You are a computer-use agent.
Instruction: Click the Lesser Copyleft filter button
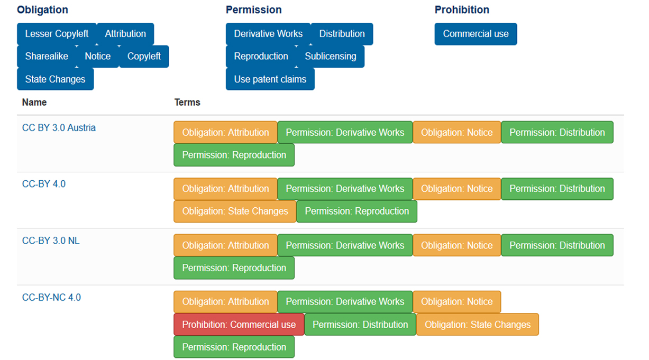57,34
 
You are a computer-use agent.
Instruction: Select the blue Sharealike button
47,56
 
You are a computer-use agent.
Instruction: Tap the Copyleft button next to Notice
144,56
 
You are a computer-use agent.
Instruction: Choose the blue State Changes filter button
56,79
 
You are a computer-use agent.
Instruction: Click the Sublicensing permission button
330,56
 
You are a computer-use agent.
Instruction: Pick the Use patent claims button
270,79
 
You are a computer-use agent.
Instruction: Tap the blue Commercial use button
476,34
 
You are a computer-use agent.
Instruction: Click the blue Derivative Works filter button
268,34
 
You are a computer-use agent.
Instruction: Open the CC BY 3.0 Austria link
59,128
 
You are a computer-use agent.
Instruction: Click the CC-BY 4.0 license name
44,184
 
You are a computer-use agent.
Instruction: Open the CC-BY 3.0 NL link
51,241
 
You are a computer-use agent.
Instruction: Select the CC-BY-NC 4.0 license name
52,298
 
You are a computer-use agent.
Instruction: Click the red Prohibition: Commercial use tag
239,325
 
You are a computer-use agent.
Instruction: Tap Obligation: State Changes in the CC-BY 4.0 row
235,211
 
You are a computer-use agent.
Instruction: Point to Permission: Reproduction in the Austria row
234,155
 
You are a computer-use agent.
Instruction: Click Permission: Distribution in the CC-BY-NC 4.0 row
360,325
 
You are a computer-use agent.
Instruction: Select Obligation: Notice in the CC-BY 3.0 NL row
457,245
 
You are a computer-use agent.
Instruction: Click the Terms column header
187,102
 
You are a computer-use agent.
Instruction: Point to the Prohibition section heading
462,10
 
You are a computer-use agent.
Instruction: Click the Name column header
34,102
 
